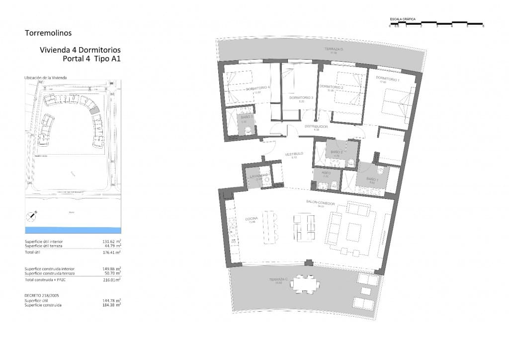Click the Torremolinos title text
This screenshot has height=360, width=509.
pos(48,33)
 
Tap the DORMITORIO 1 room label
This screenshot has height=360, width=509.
pos(388,79)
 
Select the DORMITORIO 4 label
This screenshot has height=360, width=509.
pos(257,88)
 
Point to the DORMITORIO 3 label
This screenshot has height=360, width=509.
pos(301,97)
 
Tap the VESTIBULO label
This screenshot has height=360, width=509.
pos(294,154)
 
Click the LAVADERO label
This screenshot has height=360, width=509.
pos(259,176)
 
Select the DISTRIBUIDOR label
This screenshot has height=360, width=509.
pos(316,127)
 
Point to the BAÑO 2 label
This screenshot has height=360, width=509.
pos(336,152)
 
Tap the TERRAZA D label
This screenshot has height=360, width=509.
pos(334,49)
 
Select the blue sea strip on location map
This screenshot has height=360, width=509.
pos(73,230)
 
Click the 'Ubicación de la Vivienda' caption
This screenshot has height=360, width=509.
pos(45,78)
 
